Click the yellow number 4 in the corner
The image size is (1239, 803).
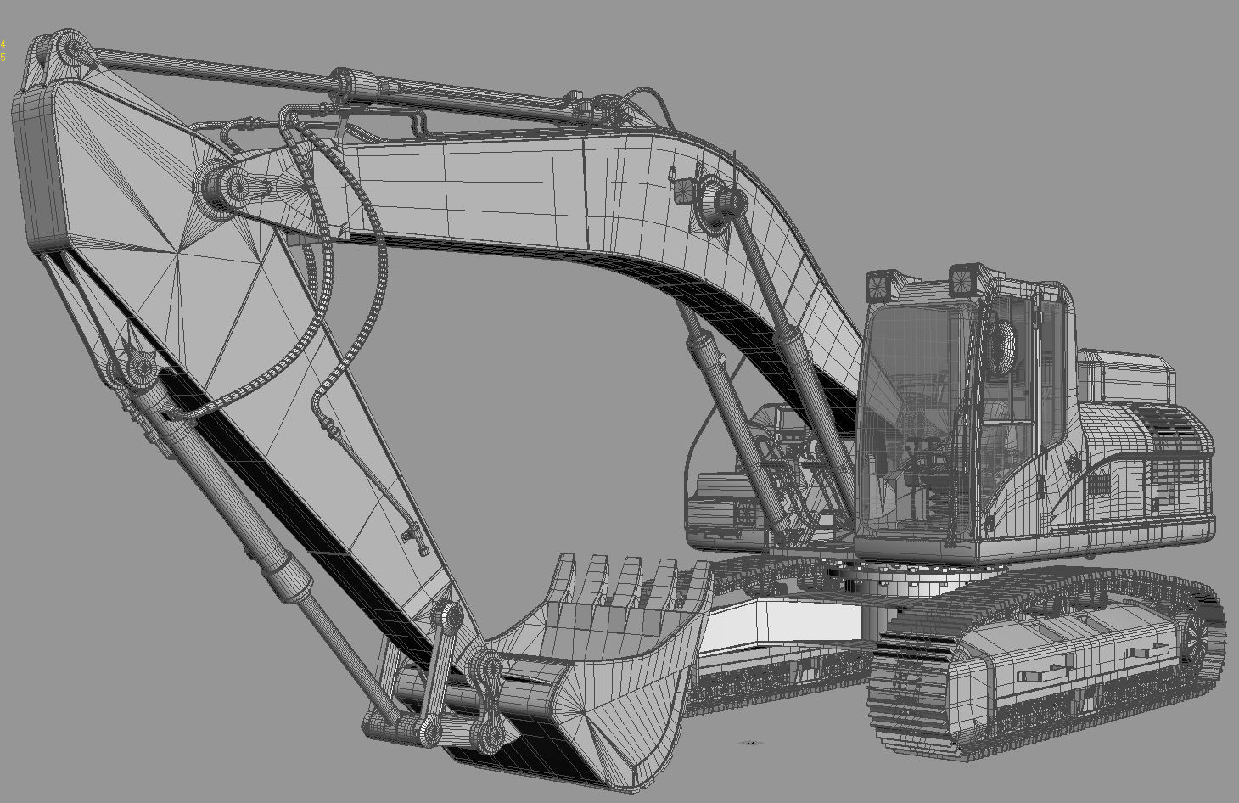(x=3, y=43)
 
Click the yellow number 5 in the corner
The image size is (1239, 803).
(x=3, y=57)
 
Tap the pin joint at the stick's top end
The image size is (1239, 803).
(x=71, y=49)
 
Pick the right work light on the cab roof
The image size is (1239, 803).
(x=962, y=279)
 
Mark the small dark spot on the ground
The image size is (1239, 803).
(x=749, y=743)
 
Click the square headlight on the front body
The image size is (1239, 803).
(x=747, y=513)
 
